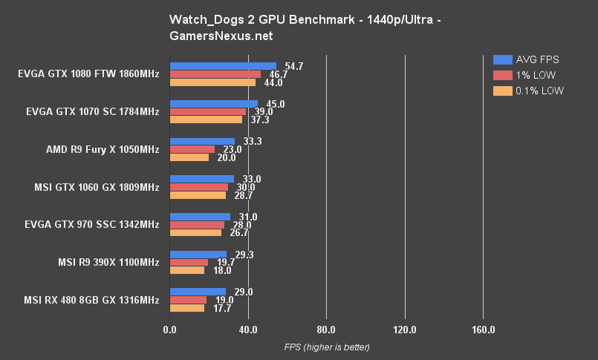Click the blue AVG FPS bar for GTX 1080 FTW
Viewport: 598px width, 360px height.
coord(223,66)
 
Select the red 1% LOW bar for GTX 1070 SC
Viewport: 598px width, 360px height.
coord(208,112)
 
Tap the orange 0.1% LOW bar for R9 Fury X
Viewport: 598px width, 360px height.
coord(189,157)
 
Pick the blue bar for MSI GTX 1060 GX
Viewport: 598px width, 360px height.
coord(202,179)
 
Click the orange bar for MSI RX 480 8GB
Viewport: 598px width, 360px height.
coord(187,308)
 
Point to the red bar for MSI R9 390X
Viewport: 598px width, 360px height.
coord(189,262)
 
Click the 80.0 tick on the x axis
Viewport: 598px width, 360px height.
coord(326,330)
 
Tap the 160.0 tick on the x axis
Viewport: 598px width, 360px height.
coord(483,330)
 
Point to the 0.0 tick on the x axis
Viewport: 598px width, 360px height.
coord(169,330)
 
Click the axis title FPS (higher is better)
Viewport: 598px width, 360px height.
coord(327,347)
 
